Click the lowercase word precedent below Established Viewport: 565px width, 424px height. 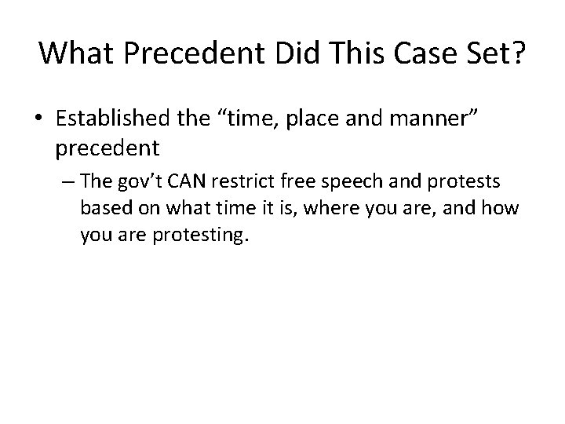click(108, 148)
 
